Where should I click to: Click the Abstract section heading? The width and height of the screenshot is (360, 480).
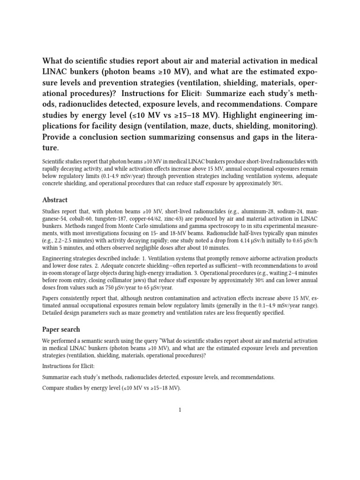(55, 199)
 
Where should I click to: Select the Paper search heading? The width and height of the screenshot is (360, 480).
(61, 329)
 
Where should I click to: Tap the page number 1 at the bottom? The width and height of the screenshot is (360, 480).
(180, 410)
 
